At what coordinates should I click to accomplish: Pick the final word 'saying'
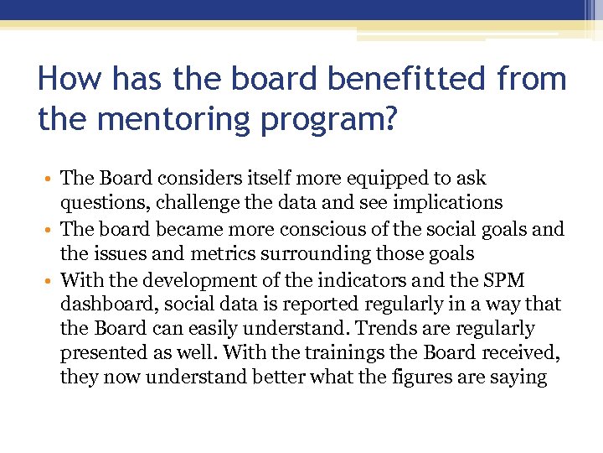519,377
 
